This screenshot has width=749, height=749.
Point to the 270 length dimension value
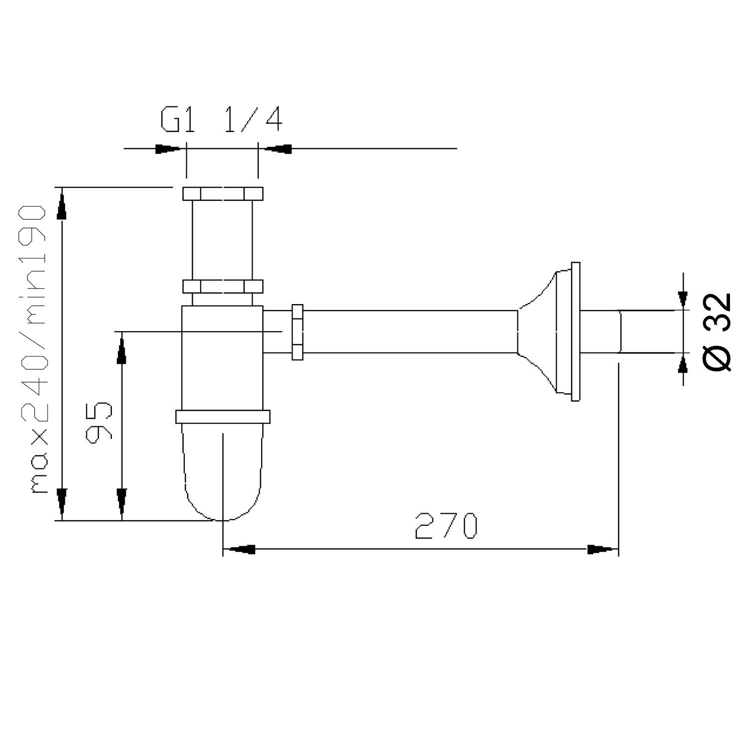446,526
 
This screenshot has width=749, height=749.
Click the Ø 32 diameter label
718,331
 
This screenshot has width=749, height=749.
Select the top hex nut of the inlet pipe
223,193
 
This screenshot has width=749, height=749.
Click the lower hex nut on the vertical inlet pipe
223,287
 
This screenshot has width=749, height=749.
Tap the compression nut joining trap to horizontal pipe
298,332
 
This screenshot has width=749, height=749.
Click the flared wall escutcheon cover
549,332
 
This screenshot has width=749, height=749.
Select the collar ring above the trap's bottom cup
223,416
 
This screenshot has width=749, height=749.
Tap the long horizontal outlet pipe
409,332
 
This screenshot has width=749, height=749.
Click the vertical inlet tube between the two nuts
223,240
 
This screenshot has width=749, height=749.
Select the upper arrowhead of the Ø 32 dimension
683,297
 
